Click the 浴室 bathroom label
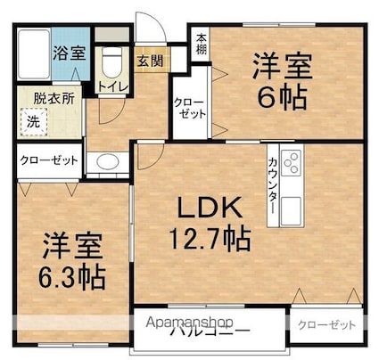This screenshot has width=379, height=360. click(69, 51)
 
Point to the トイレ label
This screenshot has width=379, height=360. click(111, 86)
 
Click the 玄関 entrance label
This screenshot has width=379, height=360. click(149, 61)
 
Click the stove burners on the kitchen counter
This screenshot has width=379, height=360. click(291, 161)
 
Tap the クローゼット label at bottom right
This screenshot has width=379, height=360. click(326, 324)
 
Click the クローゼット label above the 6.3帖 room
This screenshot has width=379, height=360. click(49, 161)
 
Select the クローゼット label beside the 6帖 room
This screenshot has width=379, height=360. click(189, 110)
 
